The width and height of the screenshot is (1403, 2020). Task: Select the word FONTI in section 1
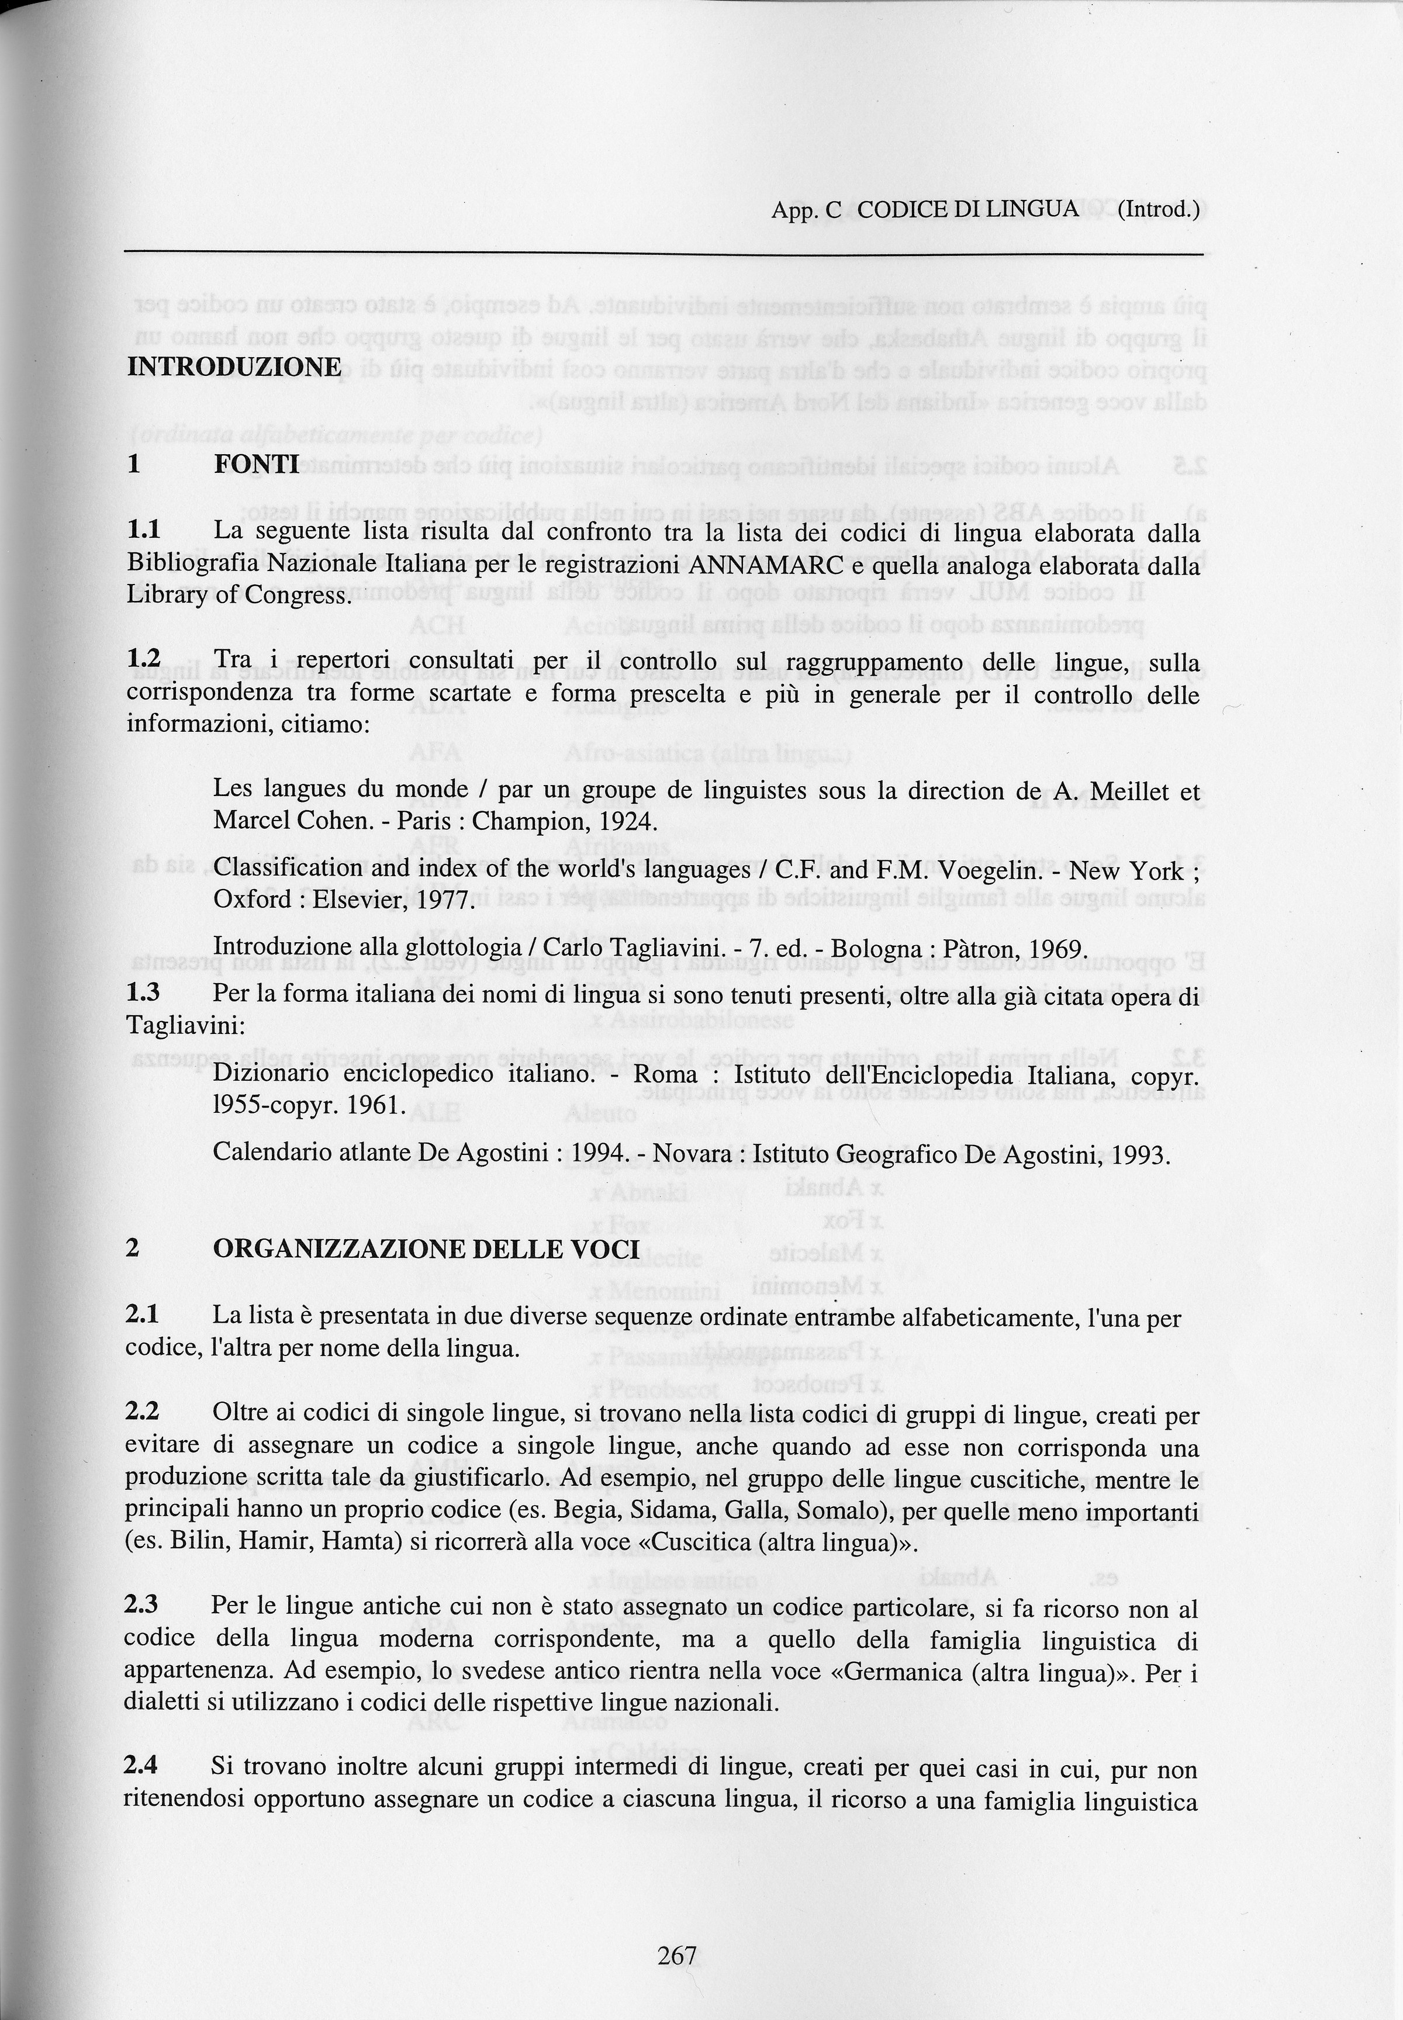point(256,464)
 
